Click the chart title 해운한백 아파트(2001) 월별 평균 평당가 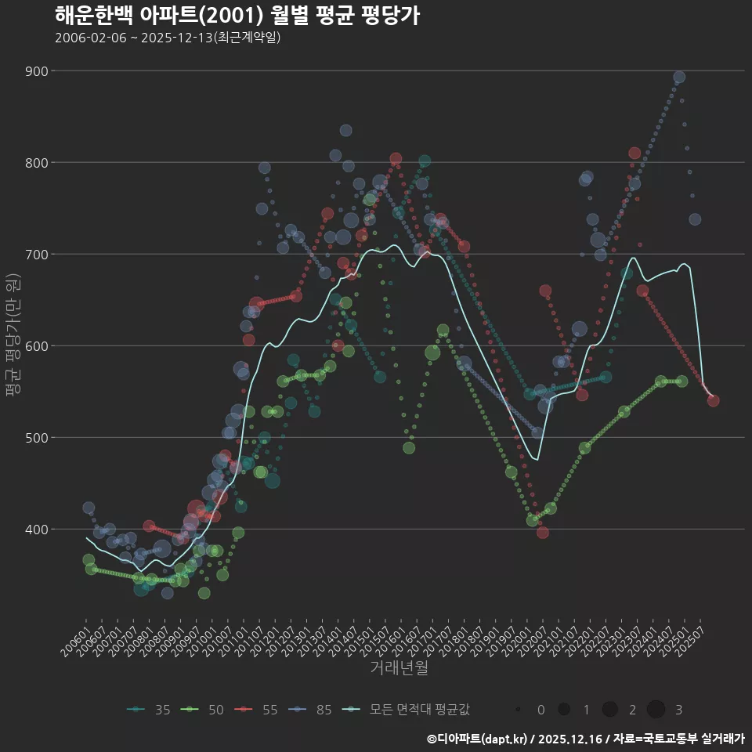pos(237,15)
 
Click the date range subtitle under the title pos(168,38)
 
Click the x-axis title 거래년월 pos(399,667)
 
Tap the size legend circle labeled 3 pos(656,710)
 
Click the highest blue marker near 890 pos(679,77)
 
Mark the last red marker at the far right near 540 pos(713,400)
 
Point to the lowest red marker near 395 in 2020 pos(543,533)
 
